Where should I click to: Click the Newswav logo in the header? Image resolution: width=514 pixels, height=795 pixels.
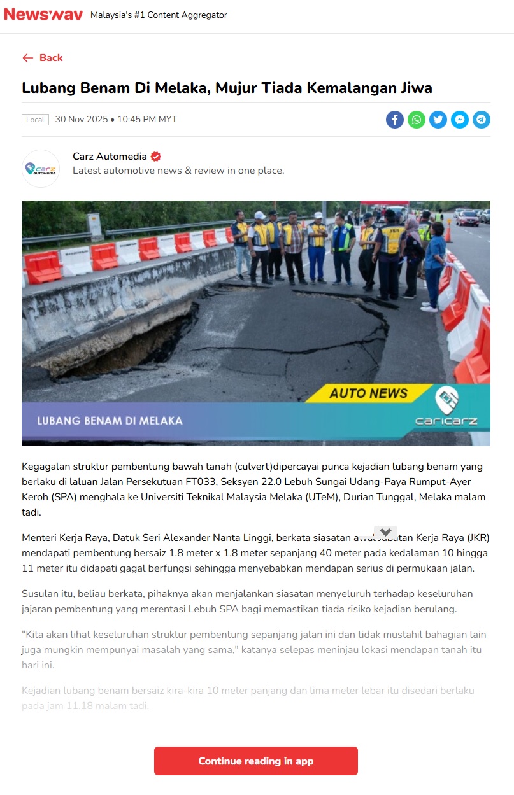(x=43, y=14)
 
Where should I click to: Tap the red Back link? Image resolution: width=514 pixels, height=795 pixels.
(x=43, y=58)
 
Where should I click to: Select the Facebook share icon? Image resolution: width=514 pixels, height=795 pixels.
(x=395, y=120)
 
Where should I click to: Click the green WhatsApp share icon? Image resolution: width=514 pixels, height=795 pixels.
(x=417, y=120)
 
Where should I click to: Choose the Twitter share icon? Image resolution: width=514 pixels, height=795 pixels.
(x=438, y=120)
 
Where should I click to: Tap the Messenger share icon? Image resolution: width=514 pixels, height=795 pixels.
(x=460, y=120)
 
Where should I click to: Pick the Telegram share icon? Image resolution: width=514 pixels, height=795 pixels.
(x=482, y=120)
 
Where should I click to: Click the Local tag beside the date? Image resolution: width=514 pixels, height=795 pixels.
(x=35, y=120)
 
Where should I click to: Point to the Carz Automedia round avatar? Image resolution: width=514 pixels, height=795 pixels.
(x=41, y=169)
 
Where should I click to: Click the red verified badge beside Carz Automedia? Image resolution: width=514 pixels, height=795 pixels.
(x=155, y=157)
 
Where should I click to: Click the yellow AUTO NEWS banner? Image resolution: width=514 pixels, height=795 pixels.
(x=368, y=393)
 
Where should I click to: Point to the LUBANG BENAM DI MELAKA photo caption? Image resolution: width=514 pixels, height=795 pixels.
(x=110, y=421)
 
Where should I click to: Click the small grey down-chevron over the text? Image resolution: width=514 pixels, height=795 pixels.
(x=385, y=532)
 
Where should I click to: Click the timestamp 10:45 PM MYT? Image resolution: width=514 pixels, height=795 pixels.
(x=147, y=120)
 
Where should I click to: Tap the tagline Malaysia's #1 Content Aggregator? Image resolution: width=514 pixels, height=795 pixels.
(x=159, y=15)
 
